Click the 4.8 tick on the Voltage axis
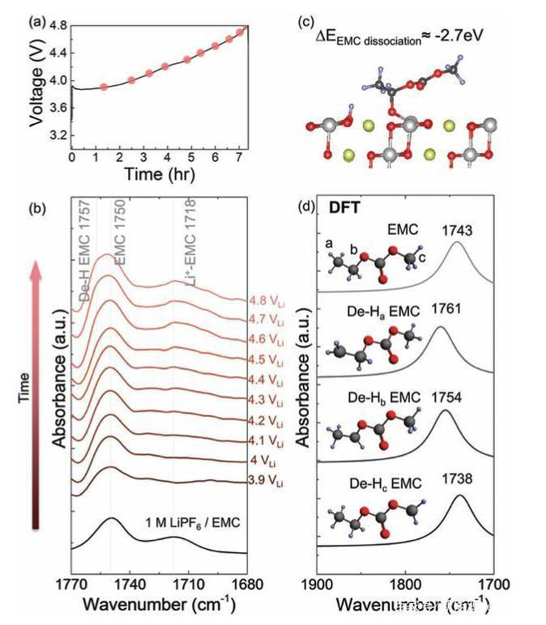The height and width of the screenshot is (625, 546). pos(58,26)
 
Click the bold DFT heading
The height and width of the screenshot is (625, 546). pos(344,208)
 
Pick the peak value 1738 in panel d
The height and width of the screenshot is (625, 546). pos(460,480)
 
